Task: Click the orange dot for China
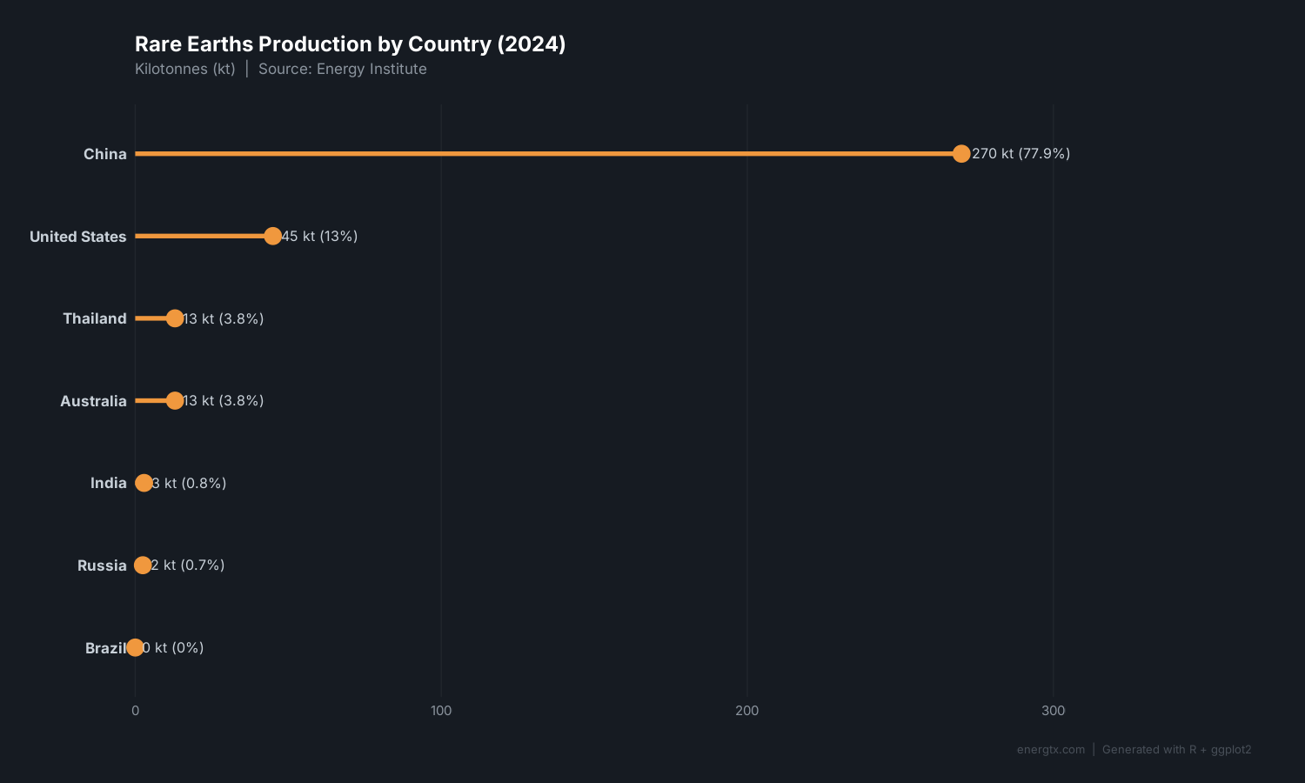click(960, 154)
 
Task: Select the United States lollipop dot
click(272, 236)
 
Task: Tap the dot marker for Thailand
click(175, 318)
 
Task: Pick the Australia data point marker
click(175, 400)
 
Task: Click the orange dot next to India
click(144, 483)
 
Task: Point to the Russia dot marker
click(143, 565)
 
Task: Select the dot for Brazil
click(135, 647)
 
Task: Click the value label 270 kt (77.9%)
click(1021, 154)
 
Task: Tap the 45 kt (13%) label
click(319, 236)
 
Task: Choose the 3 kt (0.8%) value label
click(189, 483)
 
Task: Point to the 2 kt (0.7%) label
click(188, 565)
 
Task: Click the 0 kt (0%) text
click(173, 647)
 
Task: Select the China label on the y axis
click(105, 154)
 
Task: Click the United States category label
click(78, 237)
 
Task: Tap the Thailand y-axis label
click(95, 318)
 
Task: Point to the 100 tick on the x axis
click(441, 711)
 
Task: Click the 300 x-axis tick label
click(1053, 711)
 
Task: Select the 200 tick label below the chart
click(746, 711)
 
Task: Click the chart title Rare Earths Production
click(350, 44)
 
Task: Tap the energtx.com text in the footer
click(1051, 750)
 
